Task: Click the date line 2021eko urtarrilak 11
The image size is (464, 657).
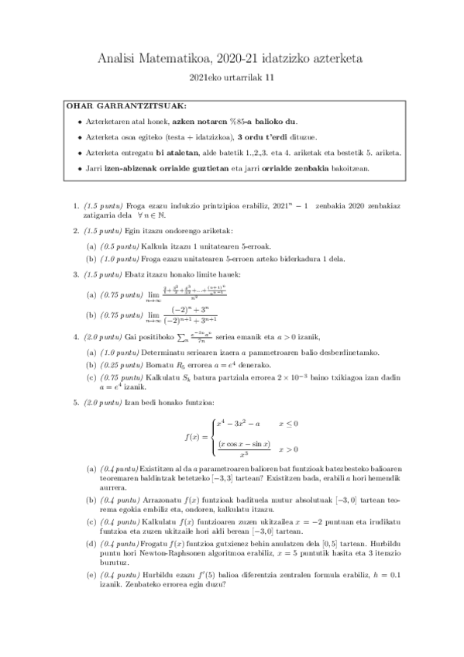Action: coord(232,77)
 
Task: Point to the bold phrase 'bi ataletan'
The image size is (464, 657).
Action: coord(177,152)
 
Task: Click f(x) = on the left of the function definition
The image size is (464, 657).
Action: coord(194,437)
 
